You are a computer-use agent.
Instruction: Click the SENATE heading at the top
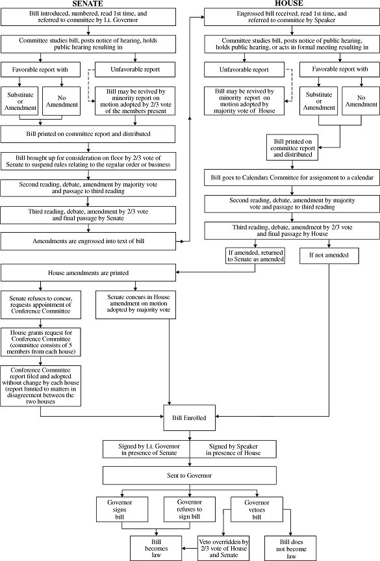88,4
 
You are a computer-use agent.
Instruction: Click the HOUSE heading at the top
289,4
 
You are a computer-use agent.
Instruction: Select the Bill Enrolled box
190,417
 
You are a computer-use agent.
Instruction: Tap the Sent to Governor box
190,475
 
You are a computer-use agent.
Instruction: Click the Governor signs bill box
122,509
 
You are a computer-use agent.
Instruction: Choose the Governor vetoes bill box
257,509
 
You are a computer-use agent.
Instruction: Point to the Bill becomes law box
156,548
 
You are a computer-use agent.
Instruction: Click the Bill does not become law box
290,548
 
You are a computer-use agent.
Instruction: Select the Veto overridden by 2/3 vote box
223,548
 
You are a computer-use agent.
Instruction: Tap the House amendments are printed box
88,272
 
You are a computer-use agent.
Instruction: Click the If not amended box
329,255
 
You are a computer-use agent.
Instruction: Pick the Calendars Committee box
292,177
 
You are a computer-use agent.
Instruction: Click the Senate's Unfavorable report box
135,70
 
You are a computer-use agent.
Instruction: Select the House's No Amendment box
361,101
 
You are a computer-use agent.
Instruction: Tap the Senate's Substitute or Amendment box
20,101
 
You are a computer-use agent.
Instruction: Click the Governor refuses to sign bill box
190,509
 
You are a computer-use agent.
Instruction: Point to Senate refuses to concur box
41,304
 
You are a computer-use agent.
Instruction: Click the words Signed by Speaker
233,446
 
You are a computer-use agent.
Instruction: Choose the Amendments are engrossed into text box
88,241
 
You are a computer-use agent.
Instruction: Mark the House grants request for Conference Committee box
41,342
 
